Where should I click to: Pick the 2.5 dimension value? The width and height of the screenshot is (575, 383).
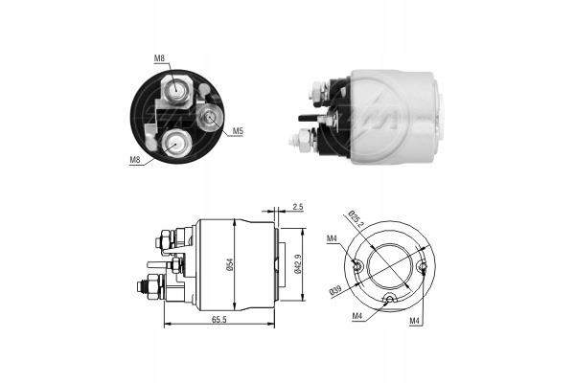298,206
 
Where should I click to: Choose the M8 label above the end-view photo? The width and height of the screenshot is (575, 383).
159,59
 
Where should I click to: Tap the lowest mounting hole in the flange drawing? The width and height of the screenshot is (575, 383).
388,300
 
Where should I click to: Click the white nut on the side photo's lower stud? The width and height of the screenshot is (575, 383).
299,140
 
